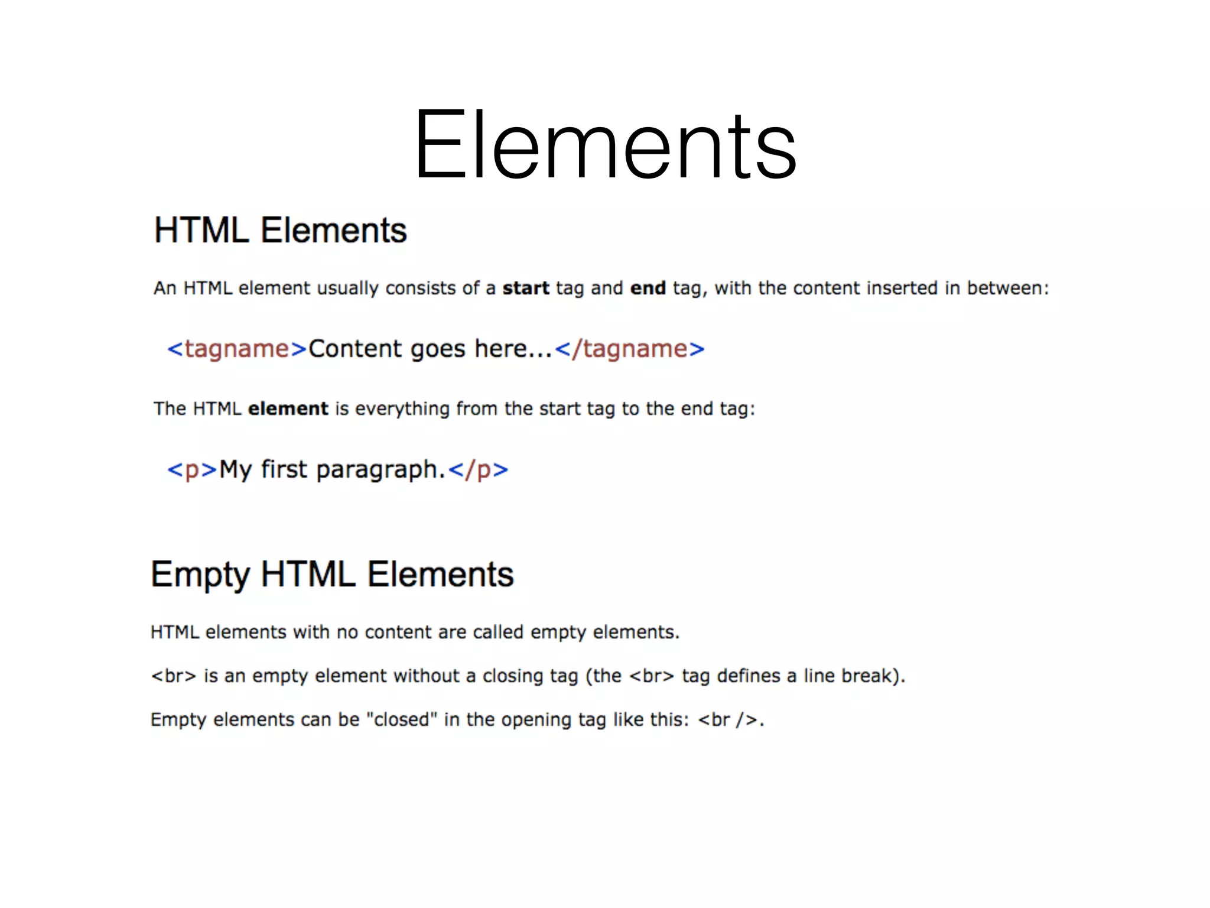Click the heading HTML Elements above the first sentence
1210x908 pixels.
click(x=280, y=230)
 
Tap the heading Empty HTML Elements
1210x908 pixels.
click(x=332, y=574)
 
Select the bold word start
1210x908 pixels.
click(x=526, y=288)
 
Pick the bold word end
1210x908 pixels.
click(x=648, y=288)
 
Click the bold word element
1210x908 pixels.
click(x=288, y=408)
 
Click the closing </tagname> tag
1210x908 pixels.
click(x=630, y=349)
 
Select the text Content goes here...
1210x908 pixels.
click(x=430, y=349)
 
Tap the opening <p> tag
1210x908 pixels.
click(x=193, y=469)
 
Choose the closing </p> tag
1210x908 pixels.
click(x=478, y=469)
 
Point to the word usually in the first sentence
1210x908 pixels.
click(x=347, y=288)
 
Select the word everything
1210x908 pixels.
click(x=402, y=409)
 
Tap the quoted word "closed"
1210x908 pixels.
click(x=402, y=719)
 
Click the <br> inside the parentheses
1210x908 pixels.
click(x=652, y=676)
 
